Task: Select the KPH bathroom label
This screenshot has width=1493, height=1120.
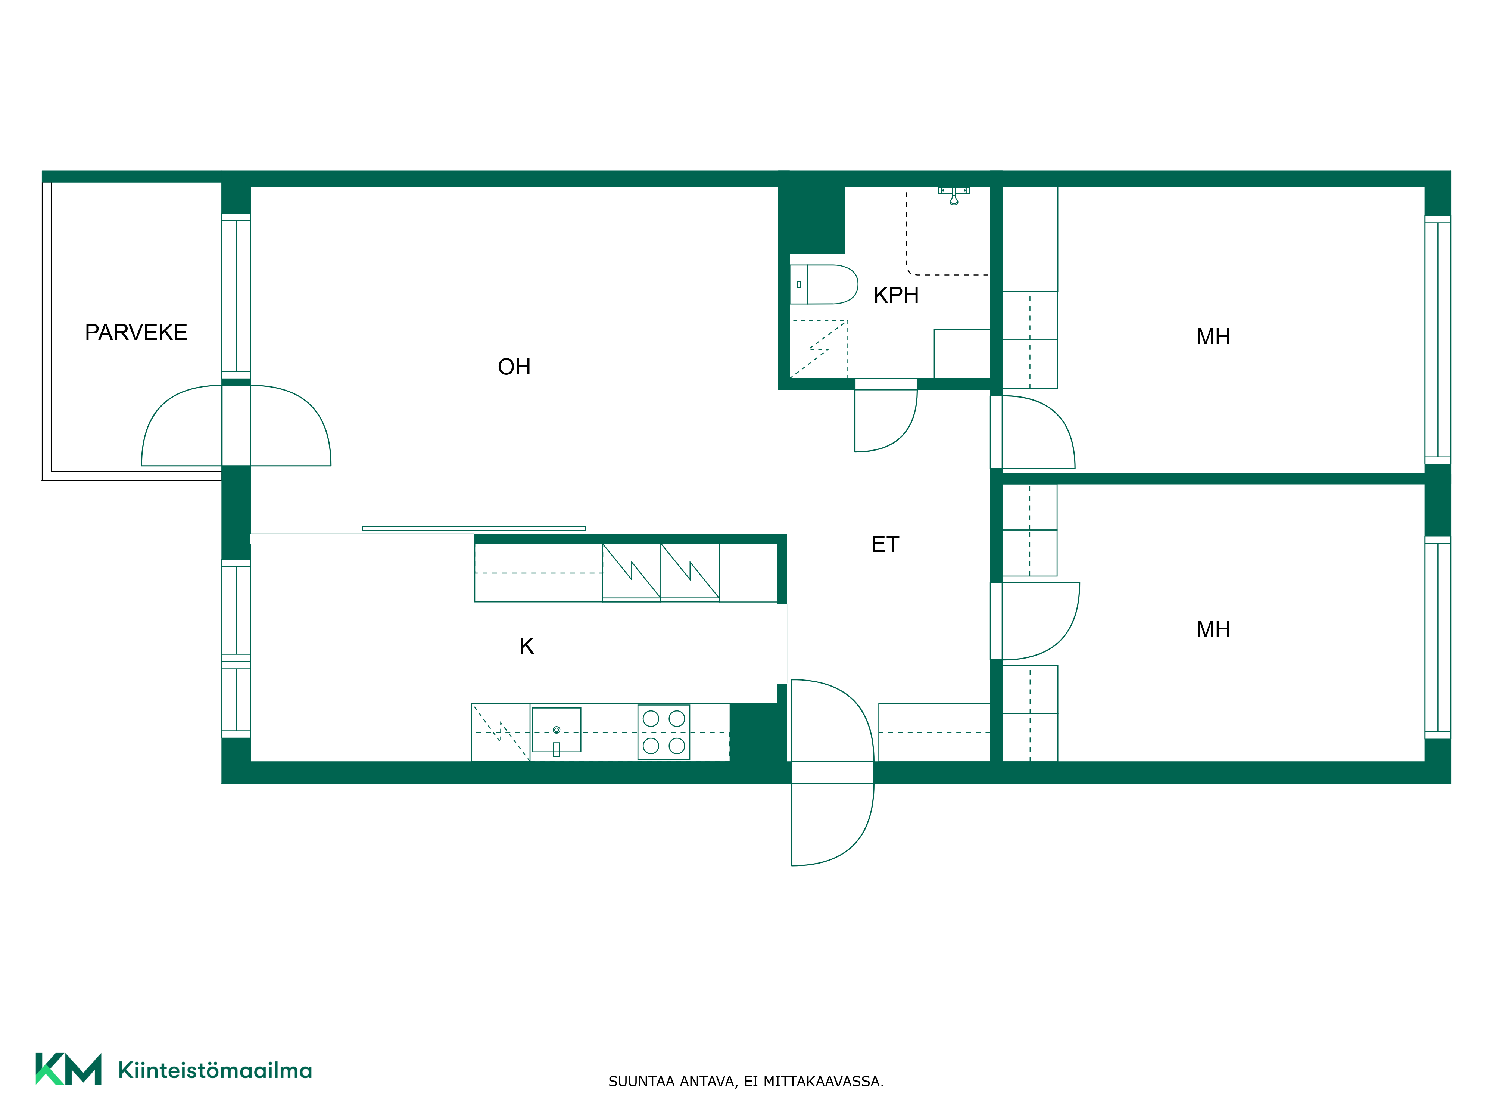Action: (x=896, y=295)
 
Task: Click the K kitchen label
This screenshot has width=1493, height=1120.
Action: (x=526, y=646)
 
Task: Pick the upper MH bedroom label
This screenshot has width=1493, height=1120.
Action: (x=1213, y=336)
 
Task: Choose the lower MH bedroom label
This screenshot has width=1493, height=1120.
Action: (x=1213, y=629)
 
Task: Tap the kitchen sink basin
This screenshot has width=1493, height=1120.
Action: (x=556, y=730)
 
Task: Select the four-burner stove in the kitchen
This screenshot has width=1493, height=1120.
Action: (x=664, y=732)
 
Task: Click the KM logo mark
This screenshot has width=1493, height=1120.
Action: (x=68, y=1069)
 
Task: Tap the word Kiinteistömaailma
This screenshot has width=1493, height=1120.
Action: (x=215, y=1070)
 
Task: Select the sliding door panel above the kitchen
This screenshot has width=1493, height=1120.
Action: (x=474, y=529)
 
